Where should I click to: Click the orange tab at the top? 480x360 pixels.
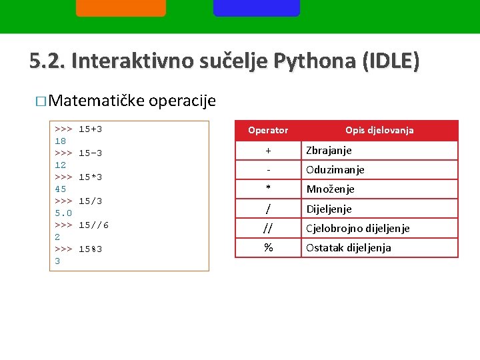pos(121,7)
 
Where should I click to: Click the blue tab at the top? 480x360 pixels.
pos(257,7)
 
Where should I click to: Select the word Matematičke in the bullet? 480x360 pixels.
pos(97,101)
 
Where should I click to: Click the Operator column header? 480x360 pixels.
pos(268,131)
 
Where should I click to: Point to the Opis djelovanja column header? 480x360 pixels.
pos(379,131)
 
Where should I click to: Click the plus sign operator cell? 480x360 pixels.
pos(268,151)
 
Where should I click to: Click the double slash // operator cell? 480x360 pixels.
pos(268,229)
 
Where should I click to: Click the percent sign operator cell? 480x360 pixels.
pos(268,248)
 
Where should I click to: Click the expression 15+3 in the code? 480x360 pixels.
pos(90,129)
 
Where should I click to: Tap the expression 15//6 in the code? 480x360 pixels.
pos(93,225)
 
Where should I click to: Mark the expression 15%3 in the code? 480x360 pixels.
pos(90,249)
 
